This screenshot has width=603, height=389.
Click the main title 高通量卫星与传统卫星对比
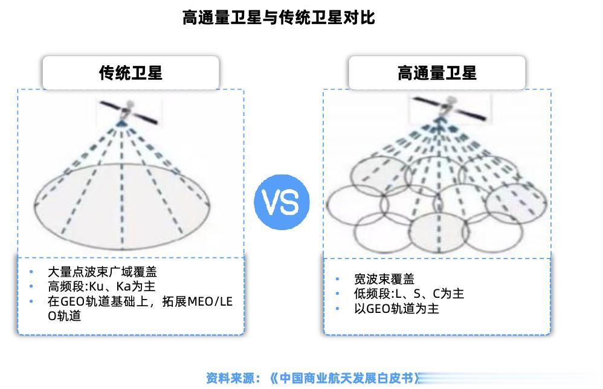coord(279,18)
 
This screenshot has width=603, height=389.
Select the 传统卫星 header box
coord(131,73)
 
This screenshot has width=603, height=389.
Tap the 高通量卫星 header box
coord(436,73)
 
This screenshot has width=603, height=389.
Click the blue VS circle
coord(282,202)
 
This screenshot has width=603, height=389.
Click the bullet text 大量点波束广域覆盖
coord(102,272)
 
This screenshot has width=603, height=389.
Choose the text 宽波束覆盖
coord(384,279)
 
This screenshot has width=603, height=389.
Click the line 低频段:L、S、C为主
coord(409,294)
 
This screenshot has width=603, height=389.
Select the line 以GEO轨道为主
coord(396,309)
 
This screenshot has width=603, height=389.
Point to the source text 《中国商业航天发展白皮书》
coord(344,379)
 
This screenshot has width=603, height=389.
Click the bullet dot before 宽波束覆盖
coord(338,279)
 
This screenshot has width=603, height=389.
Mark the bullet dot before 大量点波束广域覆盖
coord(31,272)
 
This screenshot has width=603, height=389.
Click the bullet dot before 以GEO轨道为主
coord(338,309)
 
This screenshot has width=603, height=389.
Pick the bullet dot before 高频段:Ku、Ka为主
coord(31,286)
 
